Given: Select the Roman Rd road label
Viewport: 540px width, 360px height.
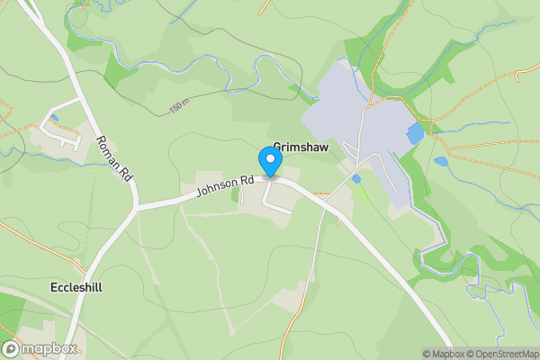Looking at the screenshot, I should pyautogui.click(x=114, y=158).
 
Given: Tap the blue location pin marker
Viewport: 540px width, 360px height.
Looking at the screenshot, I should pyautogui.click(x=270, y=161).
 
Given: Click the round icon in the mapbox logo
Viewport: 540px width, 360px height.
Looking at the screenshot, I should pyautogui.click(x=12, y=349).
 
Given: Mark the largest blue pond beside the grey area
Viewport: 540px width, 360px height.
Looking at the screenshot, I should pyautogui.click(x=415, y=134).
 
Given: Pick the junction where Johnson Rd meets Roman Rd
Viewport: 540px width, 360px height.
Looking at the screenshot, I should pyautogui.click(x=137, y=206).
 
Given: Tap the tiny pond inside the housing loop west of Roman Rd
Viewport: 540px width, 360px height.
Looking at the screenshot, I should pyautogui.click(x=54, y=118).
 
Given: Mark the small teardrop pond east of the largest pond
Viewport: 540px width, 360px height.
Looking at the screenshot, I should pyautogui.click(x=440, y=162).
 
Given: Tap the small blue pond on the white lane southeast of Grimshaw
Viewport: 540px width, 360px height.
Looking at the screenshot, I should pyautogui.click(x=356, y=179).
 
